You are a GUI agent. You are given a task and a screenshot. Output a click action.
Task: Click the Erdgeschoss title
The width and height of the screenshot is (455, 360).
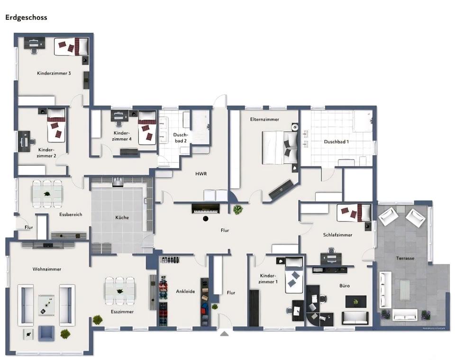(x=26, y=18)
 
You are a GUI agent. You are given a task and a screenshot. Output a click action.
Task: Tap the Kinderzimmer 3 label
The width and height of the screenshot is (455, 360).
(x=54, y=73)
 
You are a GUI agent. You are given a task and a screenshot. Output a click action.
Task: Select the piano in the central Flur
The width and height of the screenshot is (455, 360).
(x=205, y=209)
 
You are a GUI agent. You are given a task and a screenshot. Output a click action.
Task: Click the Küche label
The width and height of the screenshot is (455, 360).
(x=122, y=217)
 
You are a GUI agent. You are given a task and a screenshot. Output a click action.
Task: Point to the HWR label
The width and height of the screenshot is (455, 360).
(x=201, y=174)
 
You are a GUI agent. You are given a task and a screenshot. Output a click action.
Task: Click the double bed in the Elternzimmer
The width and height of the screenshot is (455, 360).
(x=280, y=148)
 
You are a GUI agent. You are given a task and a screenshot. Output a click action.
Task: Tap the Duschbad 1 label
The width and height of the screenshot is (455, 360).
(x=337, y=142)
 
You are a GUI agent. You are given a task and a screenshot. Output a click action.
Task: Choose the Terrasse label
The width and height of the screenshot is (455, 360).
(x=405, y=258)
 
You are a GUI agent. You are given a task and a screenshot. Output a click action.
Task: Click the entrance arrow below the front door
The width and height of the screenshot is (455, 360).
(x=224, y=333)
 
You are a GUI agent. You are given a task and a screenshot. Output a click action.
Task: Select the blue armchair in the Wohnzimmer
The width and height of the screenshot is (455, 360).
(x=46, y=333)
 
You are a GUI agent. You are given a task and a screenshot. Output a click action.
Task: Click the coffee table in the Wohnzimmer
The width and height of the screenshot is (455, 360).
(x=46, y=305)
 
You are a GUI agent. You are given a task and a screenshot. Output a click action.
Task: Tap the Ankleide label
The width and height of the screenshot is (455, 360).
(x=185, y=291)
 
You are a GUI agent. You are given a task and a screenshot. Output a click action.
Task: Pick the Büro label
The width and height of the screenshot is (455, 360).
(x=345, y=286)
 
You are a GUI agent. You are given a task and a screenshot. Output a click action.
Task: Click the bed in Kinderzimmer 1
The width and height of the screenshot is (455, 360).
(x=294, y=275)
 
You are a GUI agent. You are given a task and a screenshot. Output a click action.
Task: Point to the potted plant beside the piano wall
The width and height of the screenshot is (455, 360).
(x=238, y=209)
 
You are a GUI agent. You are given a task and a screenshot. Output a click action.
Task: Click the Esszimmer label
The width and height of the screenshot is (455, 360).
(x=122, y=312)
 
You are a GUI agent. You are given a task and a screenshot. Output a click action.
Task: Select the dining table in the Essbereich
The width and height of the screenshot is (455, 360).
(x=47, y=194)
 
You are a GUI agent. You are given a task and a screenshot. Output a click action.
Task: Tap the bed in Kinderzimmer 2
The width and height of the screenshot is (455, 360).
(x=56, y=125)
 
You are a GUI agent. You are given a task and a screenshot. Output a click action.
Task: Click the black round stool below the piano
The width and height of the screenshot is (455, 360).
(x=206, y=219)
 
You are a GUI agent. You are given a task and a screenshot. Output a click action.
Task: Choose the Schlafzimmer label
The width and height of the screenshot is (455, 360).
(x=338, y=235)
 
